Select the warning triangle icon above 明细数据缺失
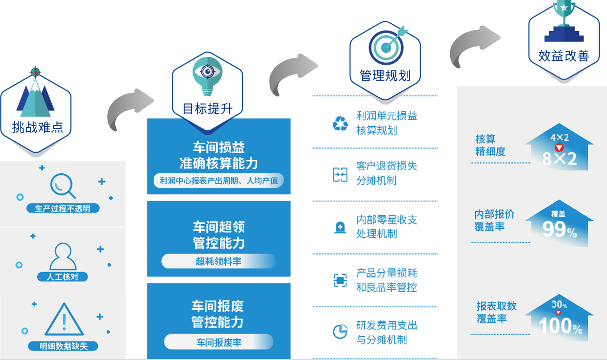(x=64, y=320)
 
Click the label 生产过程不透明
(x=63, y=209)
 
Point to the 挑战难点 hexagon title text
(x=37, y=127)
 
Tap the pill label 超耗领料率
(x=218, y=261)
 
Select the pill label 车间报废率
(x=218, y=342)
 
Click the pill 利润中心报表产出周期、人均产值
(x=218, y=181)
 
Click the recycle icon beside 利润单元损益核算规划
(x=340, y=124)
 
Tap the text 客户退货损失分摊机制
(x=387, y=173)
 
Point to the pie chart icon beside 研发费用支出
(x=340, y=332)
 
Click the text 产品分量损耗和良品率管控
(x=387, y=280)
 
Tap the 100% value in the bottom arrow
(x=560, y=326)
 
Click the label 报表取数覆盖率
(x=496, y=312)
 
